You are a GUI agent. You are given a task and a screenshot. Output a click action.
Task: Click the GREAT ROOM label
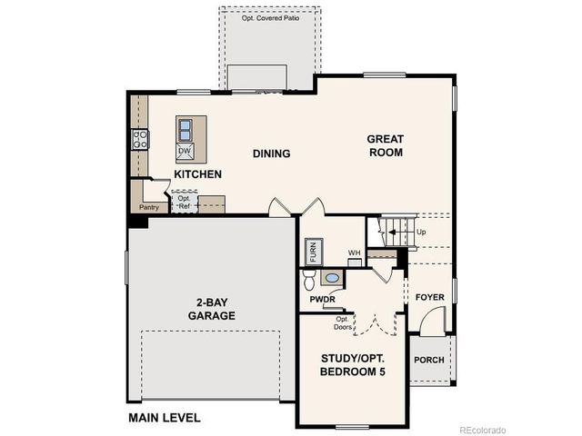point(385,145)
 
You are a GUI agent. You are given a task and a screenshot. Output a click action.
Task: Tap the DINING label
point(271,154)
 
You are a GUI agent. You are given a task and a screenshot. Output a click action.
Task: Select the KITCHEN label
point(197,173)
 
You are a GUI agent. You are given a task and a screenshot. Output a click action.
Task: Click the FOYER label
point(430,297)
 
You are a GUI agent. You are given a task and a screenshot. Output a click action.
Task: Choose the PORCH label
point(429,360)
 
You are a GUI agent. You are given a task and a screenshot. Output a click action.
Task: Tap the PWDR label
point(323,298)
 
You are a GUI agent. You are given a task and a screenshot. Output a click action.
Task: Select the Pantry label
point(148,207)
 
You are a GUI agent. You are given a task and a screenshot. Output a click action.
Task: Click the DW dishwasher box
point(185,151)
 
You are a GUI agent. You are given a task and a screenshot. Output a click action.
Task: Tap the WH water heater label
point(354,253)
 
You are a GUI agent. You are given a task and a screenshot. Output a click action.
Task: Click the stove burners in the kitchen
point(141,139)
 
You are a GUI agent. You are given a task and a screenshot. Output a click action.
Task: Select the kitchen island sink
point(185,128)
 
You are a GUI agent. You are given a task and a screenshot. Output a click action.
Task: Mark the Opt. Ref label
point(184,202)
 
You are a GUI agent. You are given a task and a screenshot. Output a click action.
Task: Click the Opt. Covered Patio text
point(269,17)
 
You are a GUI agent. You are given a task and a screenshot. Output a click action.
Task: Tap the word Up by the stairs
point(421,233)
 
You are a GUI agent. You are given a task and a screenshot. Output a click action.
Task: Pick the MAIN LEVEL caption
point(164,418)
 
